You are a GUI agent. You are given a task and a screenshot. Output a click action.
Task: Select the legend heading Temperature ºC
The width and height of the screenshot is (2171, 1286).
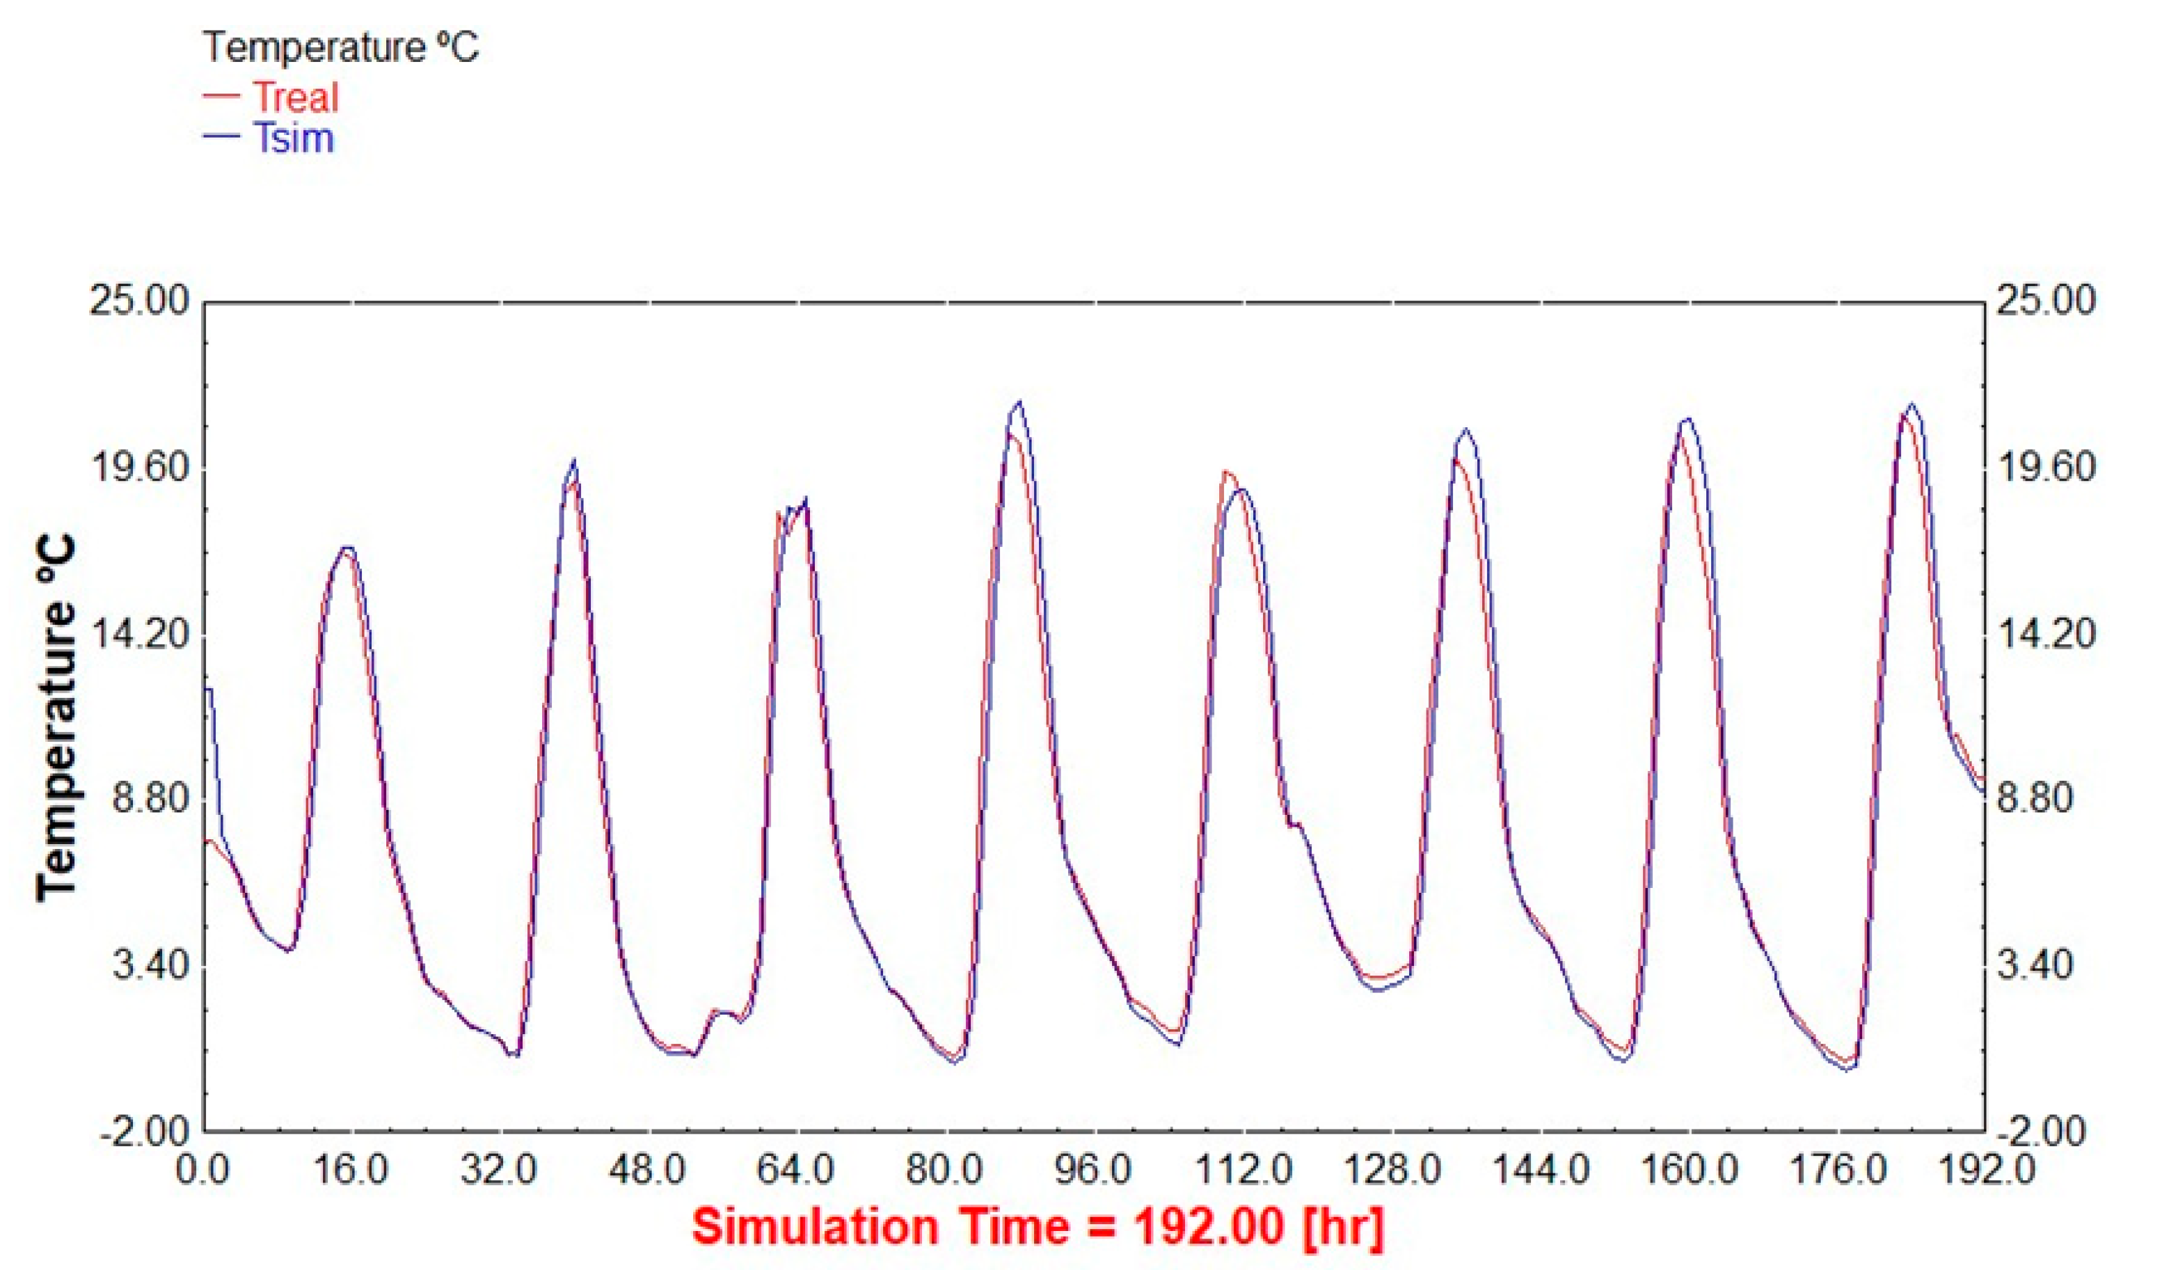(340, 47)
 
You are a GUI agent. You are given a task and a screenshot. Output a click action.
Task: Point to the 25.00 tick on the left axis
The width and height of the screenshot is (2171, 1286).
(139, 301)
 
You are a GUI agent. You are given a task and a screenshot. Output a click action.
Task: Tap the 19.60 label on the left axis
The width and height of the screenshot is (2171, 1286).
(139, 468)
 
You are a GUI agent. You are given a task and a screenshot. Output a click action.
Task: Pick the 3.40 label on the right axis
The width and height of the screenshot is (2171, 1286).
(2037, 964)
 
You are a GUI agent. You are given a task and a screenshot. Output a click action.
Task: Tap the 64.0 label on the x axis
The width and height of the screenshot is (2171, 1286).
(797, 1170)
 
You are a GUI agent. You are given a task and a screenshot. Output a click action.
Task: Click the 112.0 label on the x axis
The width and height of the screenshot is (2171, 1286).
(1243, 1170)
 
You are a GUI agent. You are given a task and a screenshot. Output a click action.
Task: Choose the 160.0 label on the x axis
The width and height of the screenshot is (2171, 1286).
(1689, 1170)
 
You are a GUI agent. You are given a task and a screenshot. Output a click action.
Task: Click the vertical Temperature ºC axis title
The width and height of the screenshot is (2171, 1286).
(57, 720)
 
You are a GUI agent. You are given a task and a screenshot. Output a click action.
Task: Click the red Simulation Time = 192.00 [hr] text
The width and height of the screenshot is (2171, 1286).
(1037, 1227)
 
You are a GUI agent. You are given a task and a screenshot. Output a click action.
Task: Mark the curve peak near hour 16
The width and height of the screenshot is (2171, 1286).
(347, 548)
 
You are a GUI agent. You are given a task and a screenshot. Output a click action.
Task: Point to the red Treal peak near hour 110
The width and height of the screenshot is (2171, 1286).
(1225, 471)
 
